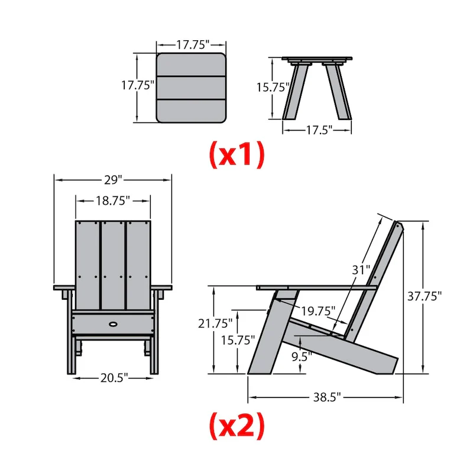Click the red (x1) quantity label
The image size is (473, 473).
pos(237,154)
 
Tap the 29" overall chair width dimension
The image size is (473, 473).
pos(112,178)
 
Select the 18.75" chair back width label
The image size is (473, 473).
pos(112,201)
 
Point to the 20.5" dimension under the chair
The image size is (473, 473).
pos(112,378)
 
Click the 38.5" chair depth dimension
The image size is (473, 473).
pos(325,398)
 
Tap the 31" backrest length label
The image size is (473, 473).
pos(361,270)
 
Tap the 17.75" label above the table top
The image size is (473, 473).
pos(191,44)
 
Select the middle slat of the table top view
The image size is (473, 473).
pos(191,88)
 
